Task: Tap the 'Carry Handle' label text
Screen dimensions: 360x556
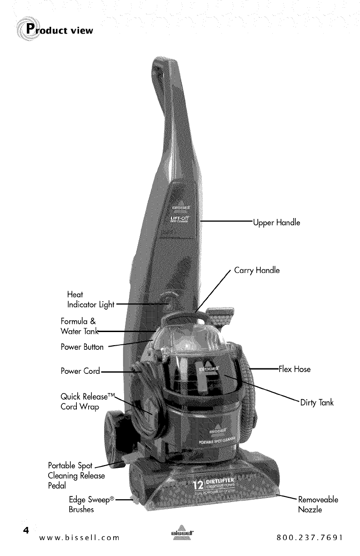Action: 257,271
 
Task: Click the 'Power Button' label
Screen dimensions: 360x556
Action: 82,347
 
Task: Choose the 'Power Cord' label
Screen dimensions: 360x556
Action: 80,371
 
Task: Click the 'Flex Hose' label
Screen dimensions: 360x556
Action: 294,369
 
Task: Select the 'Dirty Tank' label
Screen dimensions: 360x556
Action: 317,403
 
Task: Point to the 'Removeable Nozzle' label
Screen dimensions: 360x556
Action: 318,505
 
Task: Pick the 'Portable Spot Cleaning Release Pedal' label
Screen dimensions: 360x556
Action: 76,476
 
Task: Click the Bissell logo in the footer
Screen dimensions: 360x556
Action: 180,536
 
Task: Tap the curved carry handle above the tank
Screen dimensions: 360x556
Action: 182,313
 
